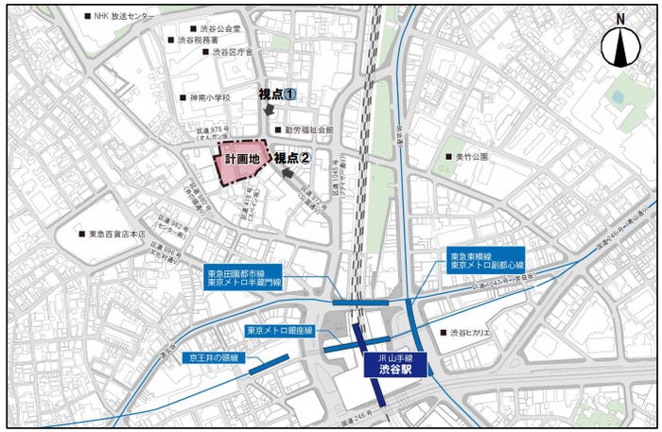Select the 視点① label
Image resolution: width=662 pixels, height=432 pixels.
278,95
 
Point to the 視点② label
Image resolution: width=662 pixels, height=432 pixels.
293,159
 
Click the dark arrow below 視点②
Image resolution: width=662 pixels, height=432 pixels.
287,175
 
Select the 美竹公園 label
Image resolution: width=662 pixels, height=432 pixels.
469,156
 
